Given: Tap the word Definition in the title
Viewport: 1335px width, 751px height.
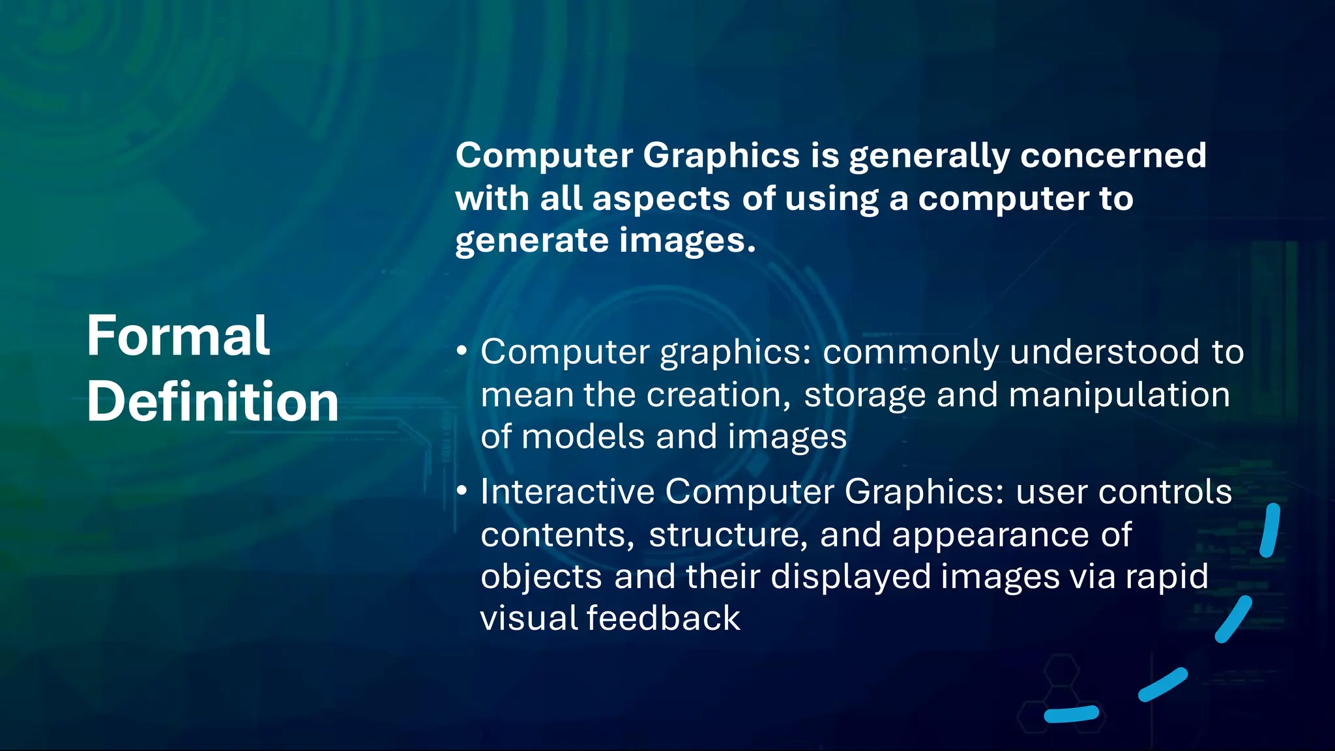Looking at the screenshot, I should pyautogui.click(x=213, y=402).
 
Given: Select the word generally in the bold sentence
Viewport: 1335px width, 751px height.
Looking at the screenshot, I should pyautogui.click(x=930, y=156).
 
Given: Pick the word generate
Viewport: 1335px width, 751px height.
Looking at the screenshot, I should pyautogui.click(x=531, y=241).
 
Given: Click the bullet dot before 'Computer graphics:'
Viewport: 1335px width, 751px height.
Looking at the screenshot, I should pyautogui.click(x=462, y=351).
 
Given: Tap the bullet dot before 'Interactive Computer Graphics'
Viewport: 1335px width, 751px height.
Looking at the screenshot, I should pyautogui.click(x=462, y=491).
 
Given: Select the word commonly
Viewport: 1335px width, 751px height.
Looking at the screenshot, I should pyautogui.click(x=910, y=353).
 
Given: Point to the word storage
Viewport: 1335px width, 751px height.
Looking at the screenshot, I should pyautogui.click(x=864, y=396).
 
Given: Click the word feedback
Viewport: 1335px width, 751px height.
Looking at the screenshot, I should pyautogui.click(x=663, y=617).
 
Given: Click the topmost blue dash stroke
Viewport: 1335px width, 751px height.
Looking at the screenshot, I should pyautogui.click(x=1270, y=530).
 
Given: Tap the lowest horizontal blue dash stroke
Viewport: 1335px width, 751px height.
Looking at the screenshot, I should pyautogui.click(x=1072, y=714).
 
